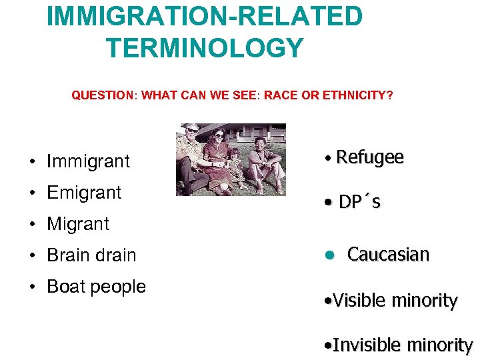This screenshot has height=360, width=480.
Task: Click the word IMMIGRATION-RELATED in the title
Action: [205, 16]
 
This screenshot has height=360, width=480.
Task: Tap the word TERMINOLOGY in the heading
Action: [205, 48]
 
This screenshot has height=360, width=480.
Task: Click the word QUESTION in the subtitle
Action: [103, 95]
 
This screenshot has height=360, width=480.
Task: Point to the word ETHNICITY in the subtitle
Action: [357, 95]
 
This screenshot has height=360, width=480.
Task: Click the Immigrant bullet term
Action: [88, 161]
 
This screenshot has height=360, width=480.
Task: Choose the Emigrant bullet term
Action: [84, 193]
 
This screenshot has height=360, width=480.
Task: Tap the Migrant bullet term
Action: [78, 224]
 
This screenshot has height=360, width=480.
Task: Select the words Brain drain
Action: [91, 255]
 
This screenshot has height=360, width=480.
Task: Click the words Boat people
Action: [96, 287]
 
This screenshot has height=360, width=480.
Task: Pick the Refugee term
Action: [370, 157]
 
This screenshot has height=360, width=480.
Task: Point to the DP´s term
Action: [359, 202]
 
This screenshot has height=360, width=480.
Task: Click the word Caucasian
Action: [388, 255]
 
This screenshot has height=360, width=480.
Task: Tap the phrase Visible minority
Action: [395, 301]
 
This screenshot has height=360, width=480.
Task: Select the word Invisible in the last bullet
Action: [366, 345]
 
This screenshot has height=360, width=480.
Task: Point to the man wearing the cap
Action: [193, 157]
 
